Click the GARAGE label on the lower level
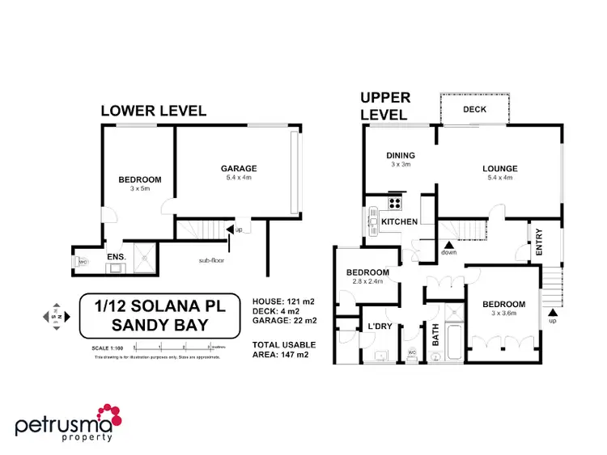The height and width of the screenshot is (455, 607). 239,168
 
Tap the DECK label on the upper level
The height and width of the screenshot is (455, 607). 474,109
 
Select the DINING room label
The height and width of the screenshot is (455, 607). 400,155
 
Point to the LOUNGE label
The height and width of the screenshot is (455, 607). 500,168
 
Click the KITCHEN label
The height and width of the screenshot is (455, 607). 399,221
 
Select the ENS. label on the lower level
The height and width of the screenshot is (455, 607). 117,259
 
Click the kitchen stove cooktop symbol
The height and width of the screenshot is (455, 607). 396,204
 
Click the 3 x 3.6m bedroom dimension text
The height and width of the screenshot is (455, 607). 504,314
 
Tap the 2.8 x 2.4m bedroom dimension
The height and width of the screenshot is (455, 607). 368,283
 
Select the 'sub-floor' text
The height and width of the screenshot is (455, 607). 212,261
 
